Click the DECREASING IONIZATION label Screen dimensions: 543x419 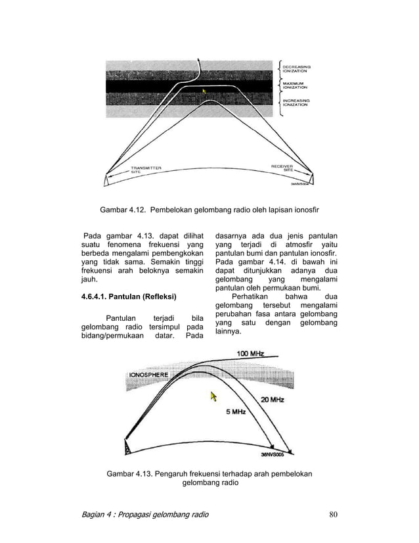click(297, 68)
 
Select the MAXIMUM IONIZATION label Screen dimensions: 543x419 click(295, 85)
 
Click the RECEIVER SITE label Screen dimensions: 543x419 click(286, 168)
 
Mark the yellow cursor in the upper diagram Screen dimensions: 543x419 click(204, 91)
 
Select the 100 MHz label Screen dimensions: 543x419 click(252, 354)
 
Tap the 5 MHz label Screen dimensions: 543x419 click(235, 412)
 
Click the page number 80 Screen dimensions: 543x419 click(333, 514)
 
